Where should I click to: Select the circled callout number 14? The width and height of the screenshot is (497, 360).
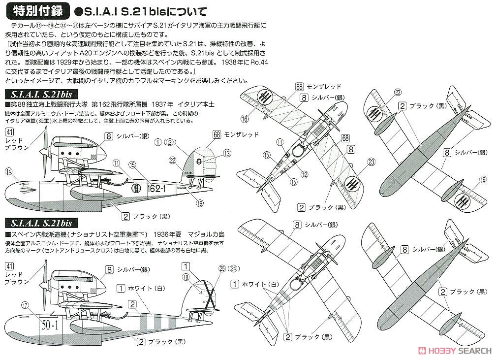click(x=8, y=171)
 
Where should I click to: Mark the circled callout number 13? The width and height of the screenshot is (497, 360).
click(x=227, y=153)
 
